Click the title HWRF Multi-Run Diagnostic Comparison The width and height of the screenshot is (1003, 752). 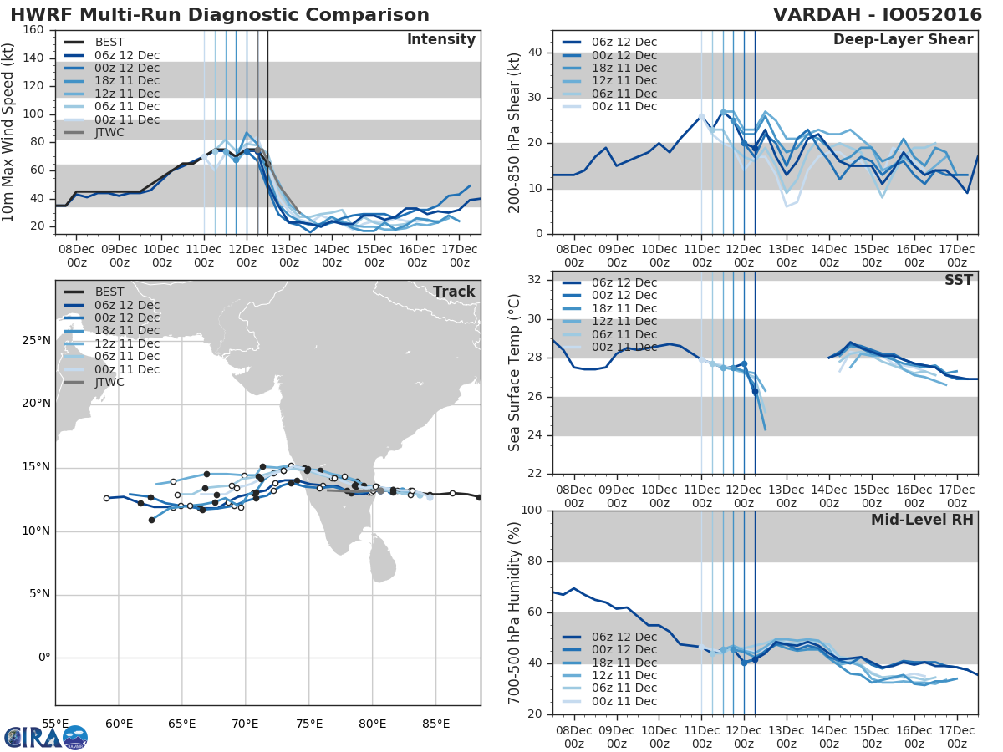(220, 15)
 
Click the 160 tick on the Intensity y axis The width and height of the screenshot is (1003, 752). (34, 30)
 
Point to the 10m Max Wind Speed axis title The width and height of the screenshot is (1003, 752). (10, 126)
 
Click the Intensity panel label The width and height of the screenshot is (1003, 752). (440, 40)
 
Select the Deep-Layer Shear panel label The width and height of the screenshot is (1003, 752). (903, 40)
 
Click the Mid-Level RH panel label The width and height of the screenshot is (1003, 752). (922, 521)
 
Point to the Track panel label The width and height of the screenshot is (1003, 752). (453, 292)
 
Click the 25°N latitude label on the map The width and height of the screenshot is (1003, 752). (36, 341)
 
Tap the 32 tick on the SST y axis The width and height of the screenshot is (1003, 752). (537, 280)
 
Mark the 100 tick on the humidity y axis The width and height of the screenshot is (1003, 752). (533, 511)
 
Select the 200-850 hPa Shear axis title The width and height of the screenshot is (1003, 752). (515, 132)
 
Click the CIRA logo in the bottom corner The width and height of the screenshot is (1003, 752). (45, 737)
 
